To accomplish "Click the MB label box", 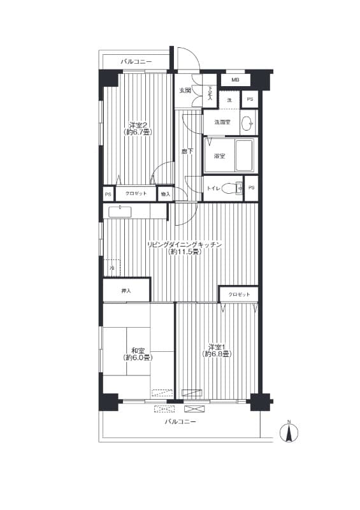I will tap(235, 80).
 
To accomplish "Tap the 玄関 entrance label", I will tap(185, 91).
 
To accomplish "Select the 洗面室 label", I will tap(222, 122).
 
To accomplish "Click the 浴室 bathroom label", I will tap(219, 156).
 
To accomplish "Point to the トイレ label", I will tap(213, 188).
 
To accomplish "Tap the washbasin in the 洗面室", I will tap(248, 122).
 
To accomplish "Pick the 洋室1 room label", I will tap(217, 350).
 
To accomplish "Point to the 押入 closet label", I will tap(126, 291).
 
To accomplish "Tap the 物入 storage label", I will tap(165, 194).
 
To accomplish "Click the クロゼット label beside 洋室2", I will tap(136, 194).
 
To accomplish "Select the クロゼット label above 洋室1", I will tap(239, 294).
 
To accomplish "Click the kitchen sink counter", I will tap(127, 211).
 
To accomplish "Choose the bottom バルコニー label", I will tap(180, 422).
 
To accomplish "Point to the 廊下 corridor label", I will tap(187, 152).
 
